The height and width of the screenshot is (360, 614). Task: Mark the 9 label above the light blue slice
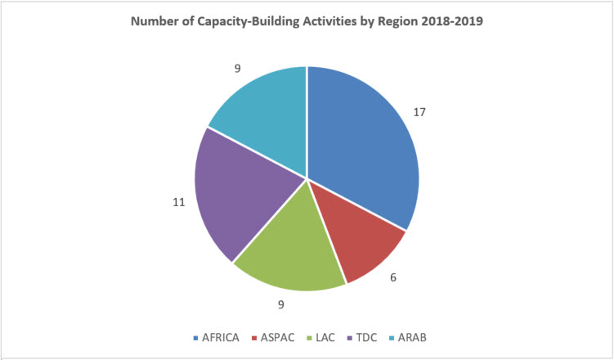click(237, 68)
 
